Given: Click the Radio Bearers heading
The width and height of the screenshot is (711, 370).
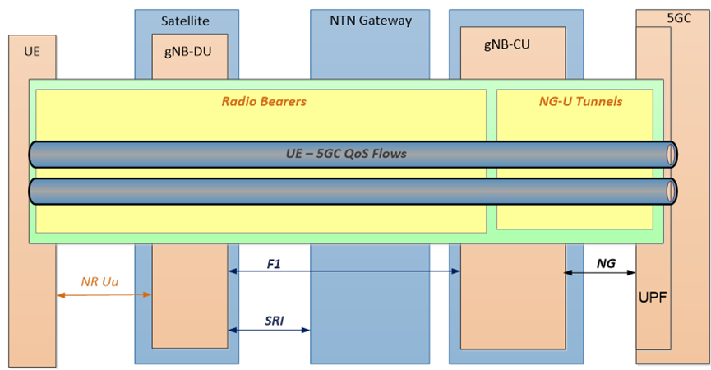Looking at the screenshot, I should (264, 102).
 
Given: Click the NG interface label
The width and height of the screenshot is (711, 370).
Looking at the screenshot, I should (606, 263).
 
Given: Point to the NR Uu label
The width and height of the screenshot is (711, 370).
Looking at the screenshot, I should (99, 281).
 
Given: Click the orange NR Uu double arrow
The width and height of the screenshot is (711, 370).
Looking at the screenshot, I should (105, 295).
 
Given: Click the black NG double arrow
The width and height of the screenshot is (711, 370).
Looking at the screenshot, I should (600, 272).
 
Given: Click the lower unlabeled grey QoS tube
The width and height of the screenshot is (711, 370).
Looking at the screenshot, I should (345, 192).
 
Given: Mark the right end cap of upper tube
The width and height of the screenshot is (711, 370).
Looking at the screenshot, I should (672, 154).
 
